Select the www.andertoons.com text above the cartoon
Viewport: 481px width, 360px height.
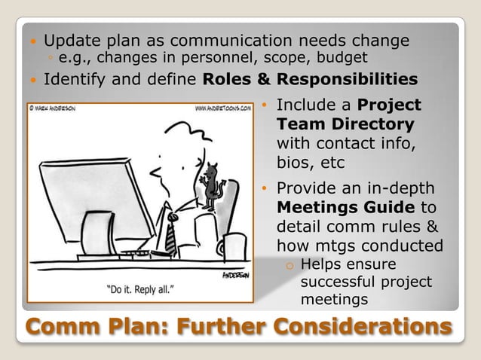coord(223,108)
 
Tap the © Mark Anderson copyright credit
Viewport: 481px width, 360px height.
coord(53,108)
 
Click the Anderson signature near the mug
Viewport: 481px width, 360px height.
coord(237,276)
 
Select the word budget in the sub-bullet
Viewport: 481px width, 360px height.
coord(344,57)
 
